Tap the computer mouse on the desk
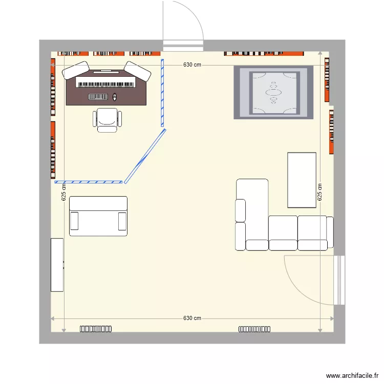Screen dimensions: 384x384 point(115,97)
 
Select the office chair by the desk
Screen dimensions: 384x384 point(108,119)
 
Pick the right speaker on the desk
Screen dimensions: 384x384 point(138,71)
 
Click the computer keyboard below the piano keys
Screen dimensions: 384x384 point(99,97)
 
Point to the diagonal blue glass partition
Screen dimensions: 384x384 point(145,156)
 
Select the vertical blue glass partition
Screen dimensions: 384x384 point(162,93)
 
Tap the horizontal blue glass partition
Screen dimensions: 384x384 point(89,182)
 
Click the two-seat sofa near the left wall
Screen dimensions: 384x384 point(98,217)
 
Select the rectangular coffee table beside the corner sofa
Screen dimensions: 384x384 point(302,180)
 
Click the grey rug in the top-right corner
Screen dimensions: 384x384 point(273,93)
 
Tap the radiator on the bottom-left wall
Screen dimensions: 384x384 point(96,329)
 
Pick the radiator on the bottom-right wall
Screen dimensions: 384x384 point(254,329)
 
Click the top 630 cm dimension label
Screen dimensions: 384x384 point(192,65)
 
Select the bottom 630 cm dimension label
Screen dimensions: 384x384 point(192,318)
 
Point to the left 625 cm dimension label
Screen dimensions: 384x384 point(64,192)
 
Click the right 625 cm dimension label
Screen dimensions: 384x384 point(319,192)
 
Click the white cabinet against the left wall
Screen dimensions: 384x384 point(57,265)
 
